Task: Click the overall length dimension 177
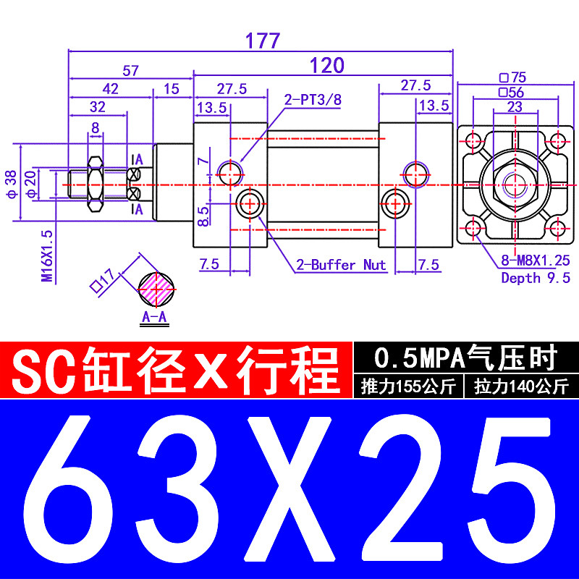(x=262, y=41)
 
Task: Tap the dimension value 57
(x=130, y=71)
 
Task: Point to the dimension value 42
(x=110, y=89)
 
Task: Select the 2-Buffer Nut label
(x=340, y=265)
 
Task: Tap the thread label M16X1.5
(x=47, y=255)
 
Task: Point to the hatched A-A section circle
(x=157, y=289)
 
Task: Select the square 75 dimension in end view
(x=512, y=77)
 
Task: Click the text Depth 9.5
(x=536, y=277)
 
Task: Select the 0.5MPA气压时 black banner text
(x=465, y=357)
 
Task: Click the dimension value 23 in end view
(x=515, y=106)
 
